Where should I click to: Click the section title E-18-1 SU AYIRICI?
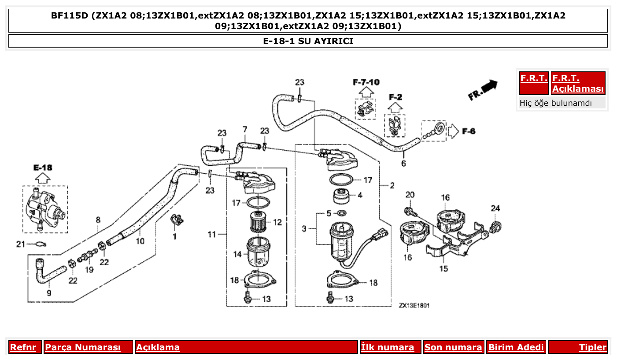click(x=308, y=41)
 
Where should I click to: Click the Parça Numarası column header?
click(x=83, y=347)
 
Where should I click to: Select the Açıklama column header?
click(x=158, y=347)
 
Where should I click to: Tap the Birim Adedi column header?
click(x=516, y=347)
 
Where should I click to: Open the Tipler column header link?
click(x=592, y=347)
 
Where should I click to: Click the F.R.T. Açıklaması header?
click(x=578, y=83)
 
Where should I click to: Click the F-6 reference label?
click(x=469, y=131)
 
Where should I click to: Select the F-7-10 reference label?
click(x=366, y=82)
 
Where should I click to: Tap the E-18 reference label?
click(x=42, y=167)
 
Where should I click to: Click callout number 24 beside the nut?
click(x=495, y=208)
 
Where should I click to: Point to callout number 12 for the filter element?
click(x=277, y=222)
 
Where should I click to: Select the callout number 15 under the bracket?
click(x=443, y=268)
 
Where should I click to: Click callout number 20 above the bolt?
click(x=410, y=195)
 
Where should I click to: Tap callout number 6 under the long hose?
click(x=403, y=164)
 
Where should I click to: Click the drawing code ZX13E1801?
click(x=414, y=305)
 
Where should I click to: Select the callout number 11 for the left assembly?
click(x=212, y=234)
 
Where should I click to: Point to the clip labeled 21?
click(x=39, y=245)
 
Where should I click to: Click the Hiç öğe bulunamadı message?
click(x=556, y=103)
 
